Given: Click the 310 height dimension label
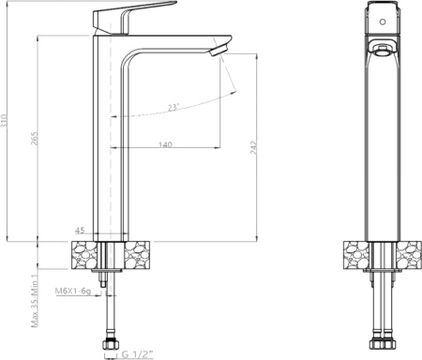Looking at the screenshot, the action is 4,121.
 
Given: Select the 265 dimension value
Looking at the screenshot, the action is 35,138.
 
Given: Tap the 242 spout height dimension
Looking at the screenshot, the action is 253,147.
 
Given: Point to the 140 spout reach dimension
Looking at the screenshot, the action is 165,144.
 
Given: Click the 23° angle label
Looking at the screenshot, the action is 173,107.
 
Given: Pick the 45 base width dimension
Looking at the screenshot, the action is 80,231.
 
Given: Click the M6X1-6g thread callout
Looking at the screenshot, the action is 73,291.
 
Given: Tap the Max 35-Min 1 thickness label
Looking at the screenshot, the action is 35,300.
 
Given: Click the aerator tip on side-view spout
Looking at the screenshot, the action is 218,50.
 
